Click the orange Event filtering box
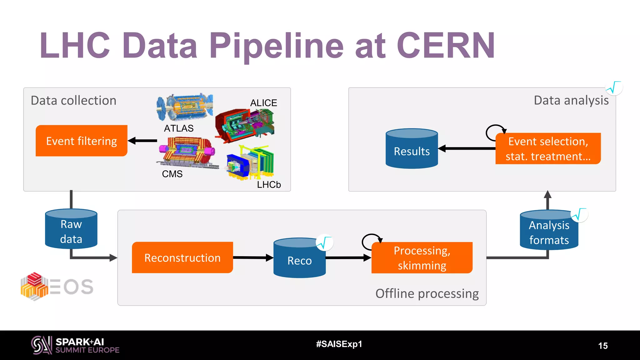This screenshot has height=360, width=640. (x=82, y=141)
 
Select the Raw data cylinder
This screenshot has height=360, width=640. (x=71, y=231)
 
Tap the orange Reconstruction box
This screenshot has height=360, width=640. (x=182, y=258)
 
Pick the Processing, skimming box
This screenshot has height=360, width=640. (x=422, y=258)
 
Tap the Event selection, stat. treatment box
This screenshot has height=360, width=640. (x=548, y=149)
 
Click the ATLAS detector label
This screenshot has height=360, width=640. (x=179, y=128)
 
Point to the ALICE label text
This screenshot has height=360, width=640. (x=263, y=103)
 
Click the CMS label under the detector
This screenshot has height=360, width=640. (x=172, y=174)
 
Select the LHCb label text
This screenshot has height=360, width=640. (x=269, y=185)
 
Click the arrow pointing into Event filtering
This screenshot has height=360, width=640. (x=142, y=141)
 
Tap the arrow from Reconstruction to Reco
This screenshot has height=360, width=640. (x=253, y=257)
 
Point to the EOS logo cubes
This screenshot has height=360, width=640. (x=34, y=286)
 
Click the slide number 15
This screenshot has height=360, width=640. (x=603, y=346)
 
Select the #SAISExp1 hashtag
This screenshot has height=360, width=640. (x=339, y=344)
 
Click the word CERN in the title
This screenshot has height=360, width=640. (x=446, y=46)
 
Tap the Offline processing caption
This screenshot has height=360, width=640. (x=427, y=294)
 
